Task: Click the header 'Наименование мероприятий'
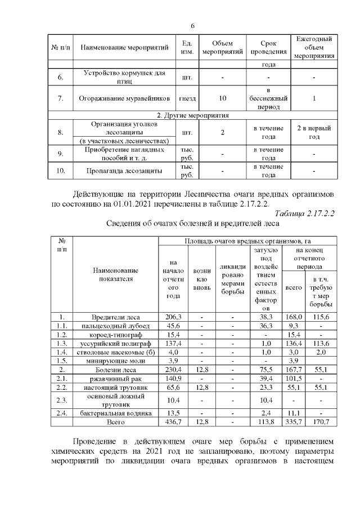point(125,47)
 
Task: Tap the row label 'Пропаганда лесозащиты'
point(125,170)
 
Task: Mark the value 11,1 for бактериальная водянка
point(293,413)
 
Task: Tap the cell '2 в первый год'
point(314,133)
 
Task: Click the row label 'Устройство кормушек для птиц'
point(125,76)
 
